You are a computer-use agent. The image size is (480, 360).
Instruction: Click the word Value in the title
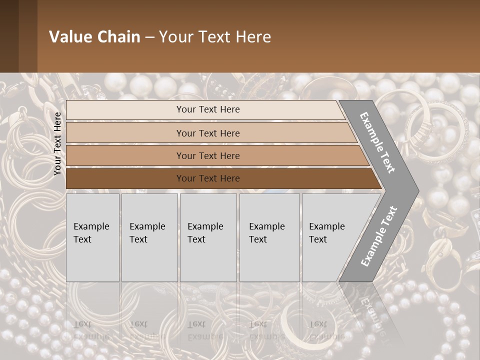pos(70,37)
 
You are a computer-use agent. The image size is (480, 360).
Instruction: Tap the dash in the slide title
pos(149,37)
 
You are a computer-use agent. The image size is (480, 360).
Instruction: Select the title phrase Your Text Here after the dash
pos(215,37)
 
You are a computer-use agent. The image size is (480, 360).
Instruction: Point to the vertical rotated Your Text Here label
pos(57,143)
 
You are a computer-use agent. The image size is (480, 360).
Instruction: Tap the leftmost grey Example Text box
pos(92,237)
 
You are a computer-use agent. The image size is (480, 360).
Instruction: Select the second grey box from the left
pos(149,237)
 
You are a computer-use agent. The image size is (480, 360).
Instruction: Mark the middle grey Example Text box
pos(208,237)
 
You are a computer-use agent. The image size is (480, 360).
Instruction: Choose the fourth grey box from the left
pos(269,237)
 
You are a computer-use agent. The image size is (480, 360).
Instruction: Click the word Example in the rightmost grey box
pos(326,226)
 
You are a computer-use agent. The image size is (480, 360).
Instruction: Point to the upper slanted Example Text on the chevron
pos(377,142)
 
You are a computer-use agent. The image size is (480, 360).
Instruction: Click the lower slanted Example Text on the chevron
pos(379,236)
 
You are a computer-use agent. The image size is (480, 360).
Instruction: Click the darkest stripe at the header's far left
pos(9,36)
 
